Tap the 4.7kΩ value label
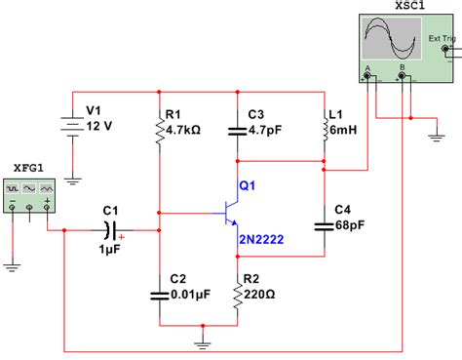tap(186, 128)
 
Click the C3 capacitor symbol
tap(236, 127)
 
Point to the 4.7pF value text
tap(266, 127)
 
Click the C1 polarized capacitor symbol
tap(112, 230)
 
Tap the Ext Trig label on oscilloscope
tap(442, 40)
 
